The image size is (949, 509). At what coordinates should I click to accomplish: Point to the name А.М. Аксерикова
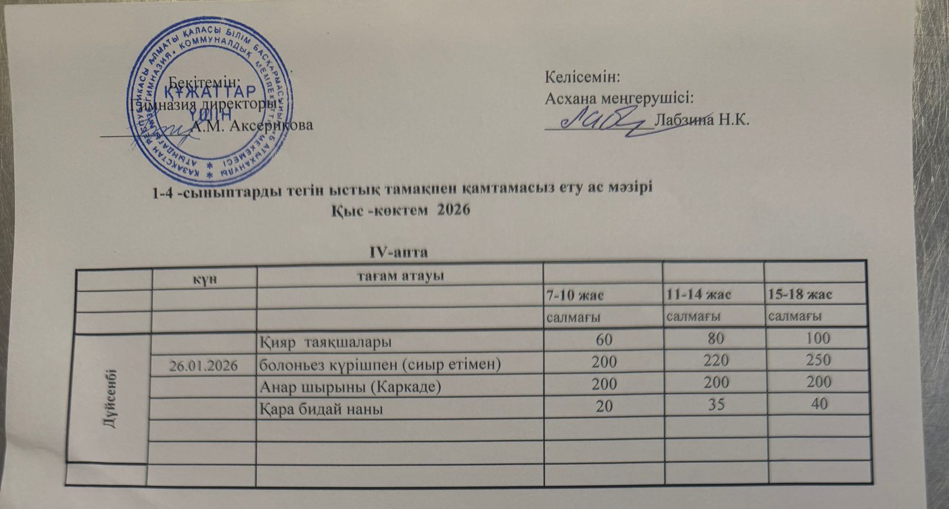click(253, 126)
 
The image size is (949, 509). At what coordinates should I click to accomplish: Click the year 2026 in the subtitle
click(453, 212)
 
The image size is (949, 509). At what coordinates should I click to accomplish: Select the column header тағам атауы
click(400, 276)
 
